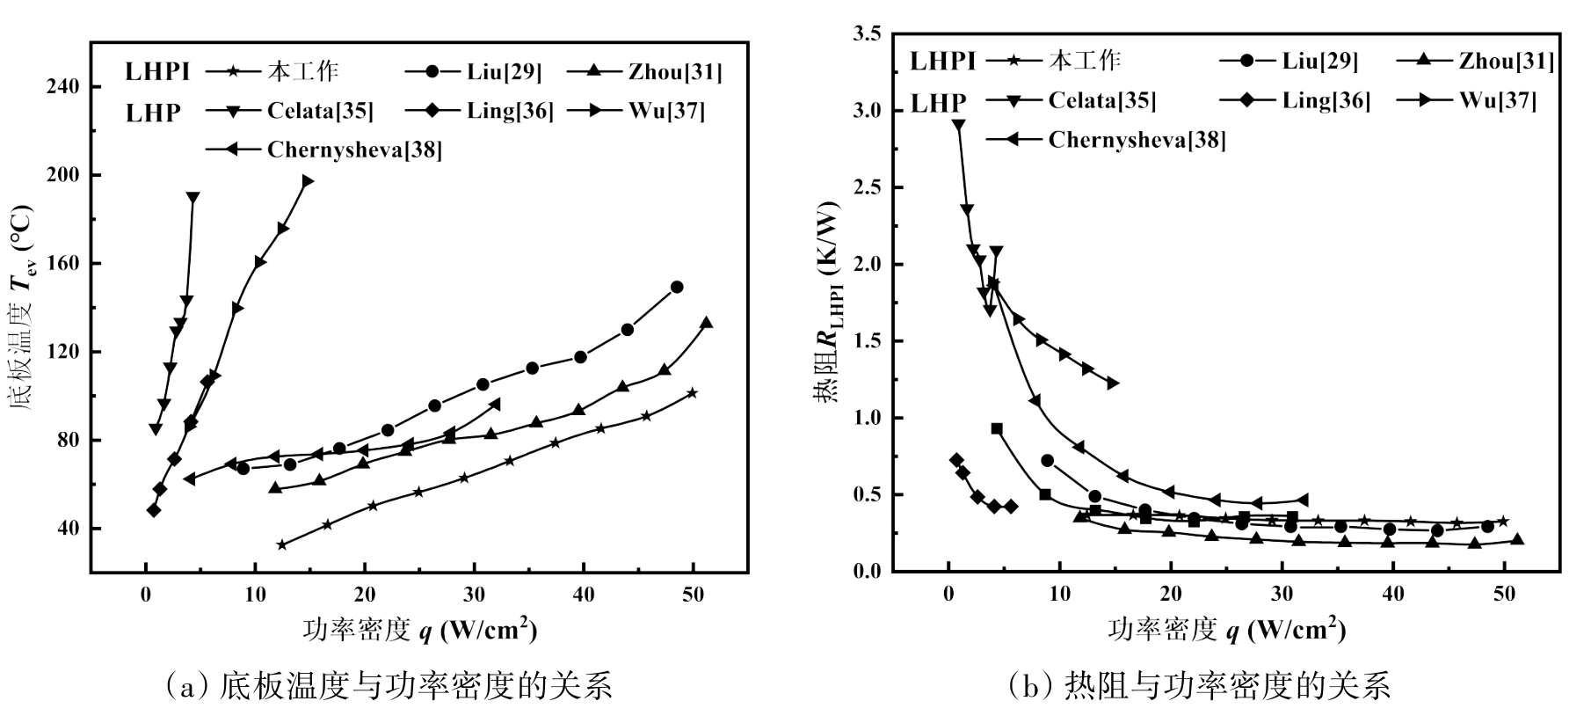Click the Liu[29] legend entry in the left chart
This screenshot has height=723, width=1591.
[505, 72]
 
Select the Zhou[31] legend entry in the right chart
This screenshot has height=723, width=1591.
[1506, 62]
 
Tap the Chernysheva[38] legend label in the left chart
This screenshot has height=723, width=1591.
[354, 150]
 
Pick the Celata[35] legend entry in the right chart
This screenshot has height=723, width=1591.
[1101, 100]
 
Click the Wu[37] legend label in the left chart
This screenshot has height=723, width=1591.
[666, 111]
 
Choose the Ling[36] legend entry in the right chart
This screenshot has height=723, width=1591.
[1326, 100]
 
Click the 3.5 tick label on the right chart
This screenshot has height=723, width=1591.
[864, 34]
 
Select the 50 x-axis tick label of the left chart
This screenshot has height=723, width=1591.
[694, 596]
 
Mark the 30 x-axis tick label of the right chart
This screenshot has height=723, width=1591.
[1282, 595]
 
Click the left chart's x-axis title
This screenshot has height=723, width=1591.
[419, 630]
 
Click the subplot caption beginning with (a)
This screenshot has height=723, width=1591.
[388, 686]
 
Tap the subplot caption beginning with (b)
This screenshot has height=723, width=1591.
[1199, 686]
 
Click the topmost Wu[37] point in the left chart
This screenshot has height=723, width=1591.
[307, 181]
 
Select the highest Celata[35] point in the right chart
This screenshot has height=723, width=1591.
[958, 125]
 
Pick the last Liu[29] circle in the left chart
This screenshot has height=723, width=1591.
[677, 287]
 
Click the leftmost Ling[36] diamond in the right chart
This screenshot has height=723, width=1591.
[956, 460]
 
